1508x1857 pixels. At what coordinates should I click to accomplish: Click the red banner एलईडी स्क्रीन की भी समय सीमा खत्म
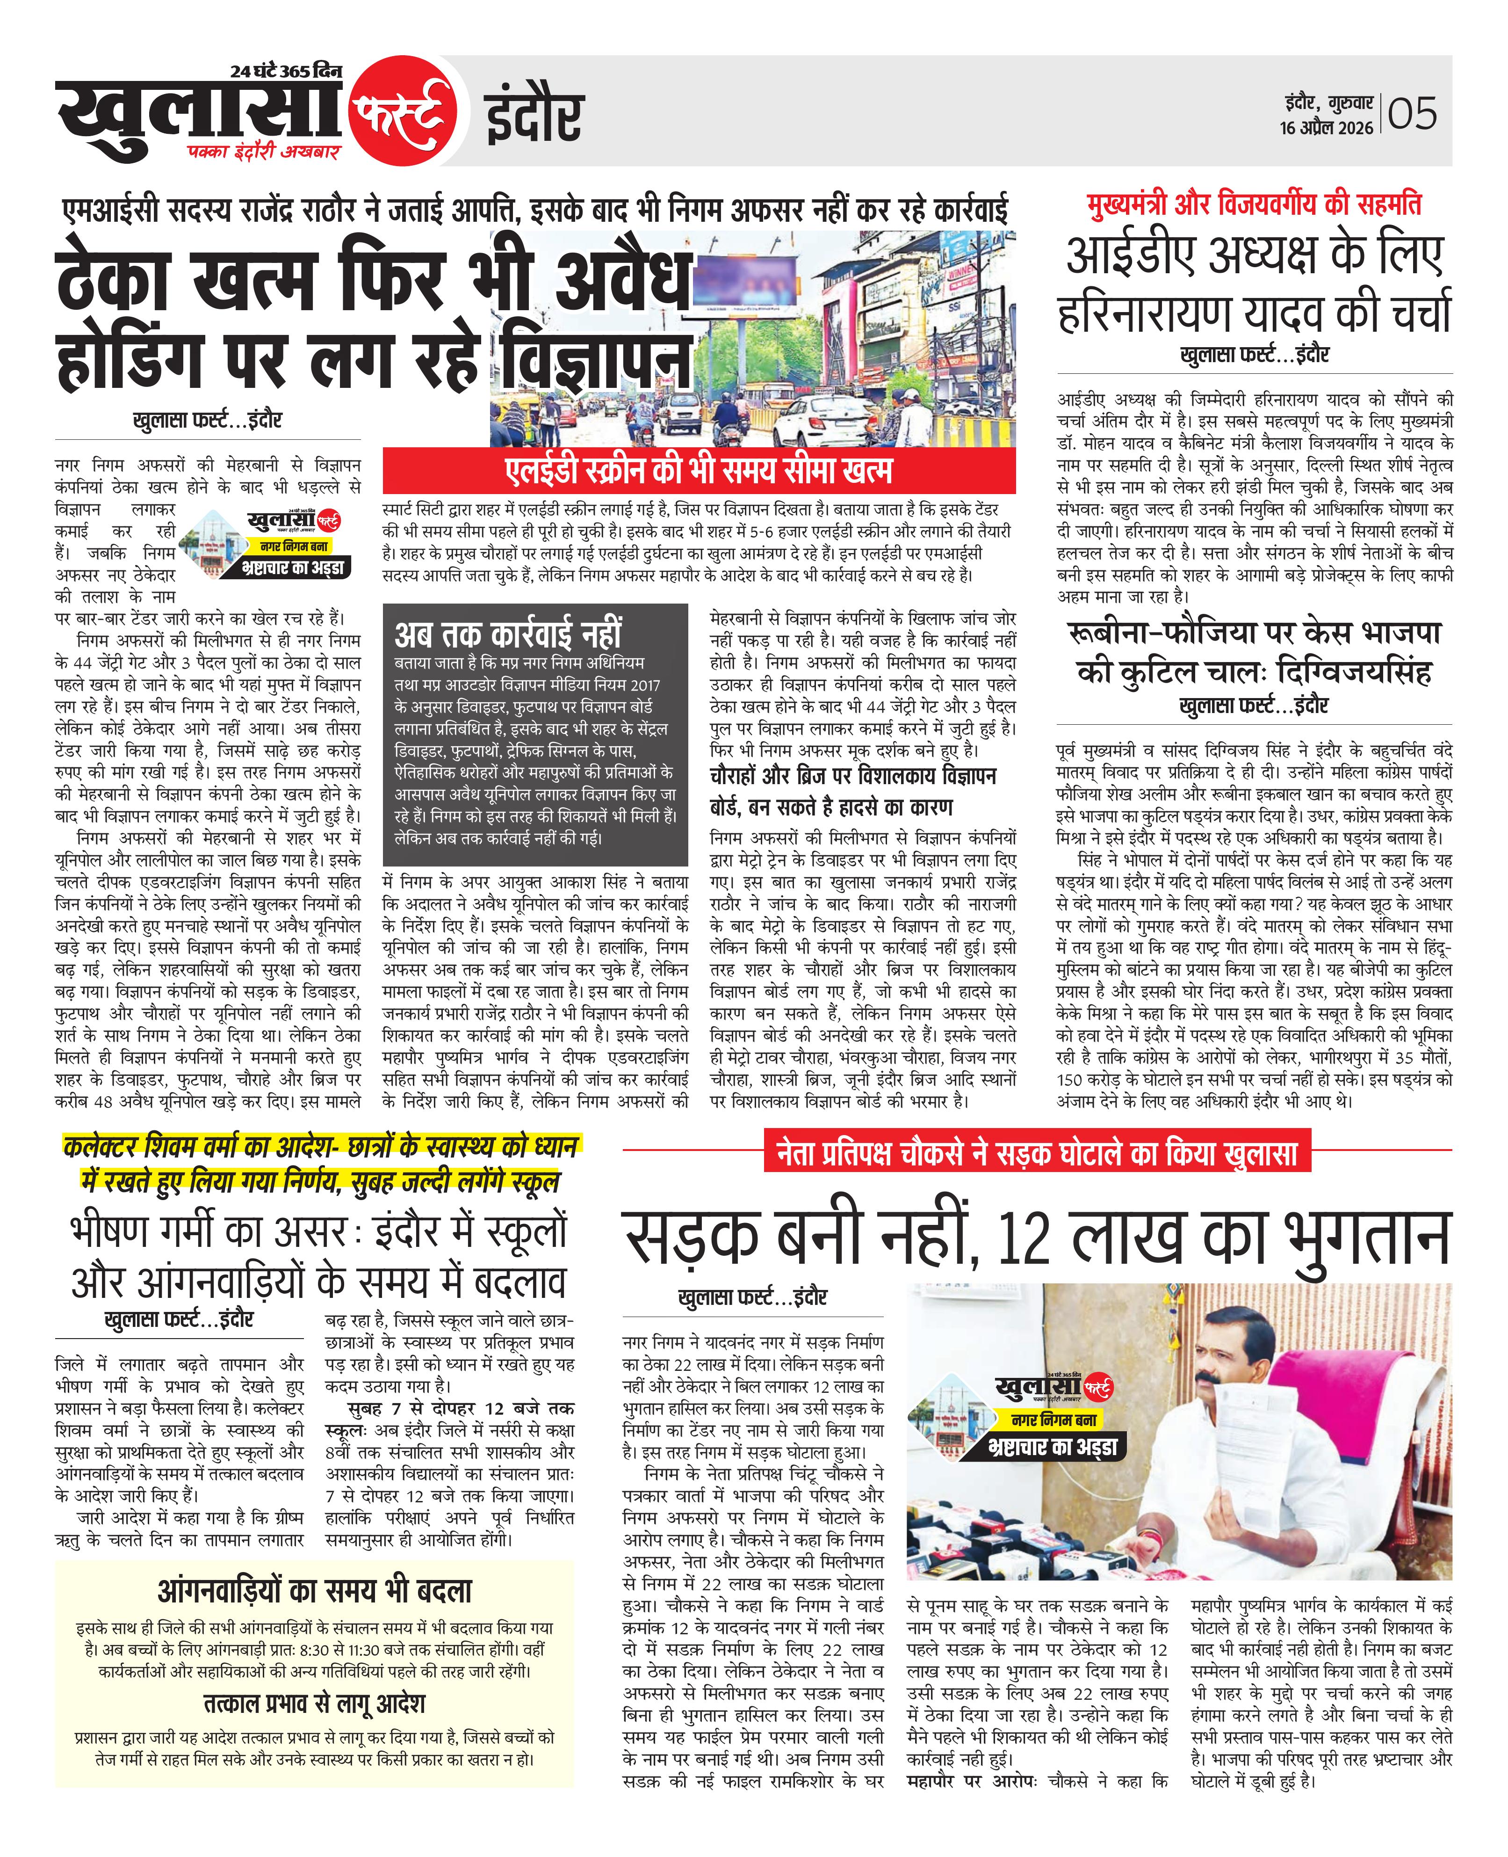[x=699, y=471]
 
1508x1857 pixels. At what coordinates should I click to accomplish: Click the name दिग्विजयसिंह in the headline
[x=1351, y=672]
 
